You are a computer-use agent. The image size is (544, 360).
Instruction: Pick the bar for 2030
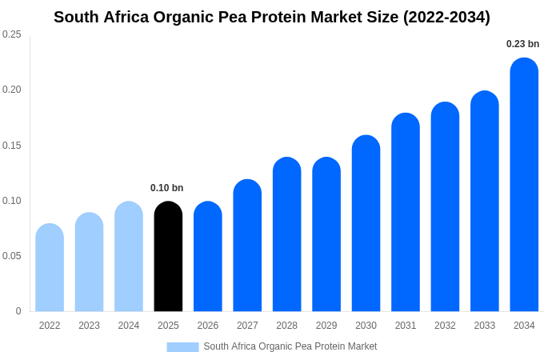pos(366,223)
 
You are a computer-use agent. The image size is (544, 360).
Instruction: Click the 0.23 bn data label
pos(522,44)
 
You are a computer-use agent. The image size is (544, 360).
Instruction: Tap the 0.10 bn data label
pos(166,188)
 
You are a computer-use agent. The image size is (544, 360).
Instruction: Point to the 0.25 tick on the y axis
pos(12,34)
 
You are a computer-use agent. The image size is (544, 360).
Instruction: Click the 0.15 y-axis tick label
pos(12,146)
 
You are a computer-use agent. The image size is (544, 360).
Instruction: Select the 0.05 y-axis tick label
pos(12,256)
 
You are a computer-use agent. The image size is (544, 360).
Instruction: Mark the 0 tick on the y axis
pos(18,311)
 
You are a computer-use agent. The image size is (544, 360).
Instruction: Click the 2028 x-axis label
pos(286,326)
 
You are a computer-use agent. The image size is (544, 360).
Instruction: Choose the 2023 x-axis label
pos(89,326)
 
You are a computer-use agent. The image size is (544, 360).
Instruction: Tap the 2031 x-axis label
pos(406,326)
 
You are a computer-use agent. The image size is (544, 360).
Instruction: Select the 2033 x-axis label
pos(484,326)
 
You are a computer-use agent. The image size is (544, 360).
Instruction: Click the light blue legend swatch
pos(182,346)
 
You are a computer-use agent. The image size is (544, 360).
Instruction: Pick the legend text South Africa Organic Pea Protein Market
pos(290,346)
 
